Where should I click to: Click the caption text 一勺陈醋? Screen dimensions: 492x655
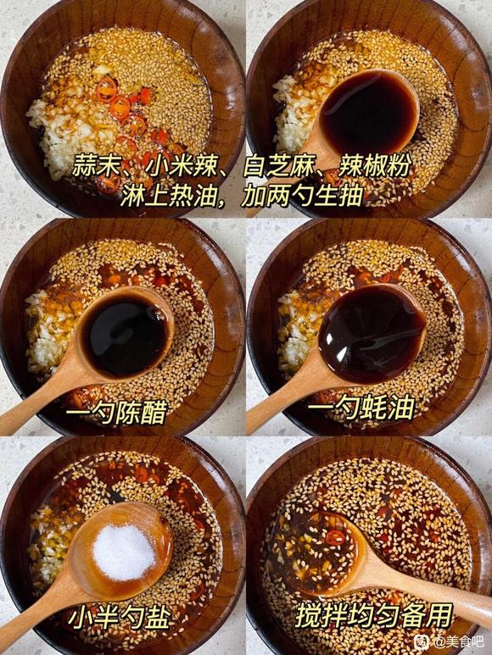[x=116, y=413]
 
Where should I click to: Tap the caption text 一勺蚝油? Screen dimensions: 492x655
[x=362, y=408]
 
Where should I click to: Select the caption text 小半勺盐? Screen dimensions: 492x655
[x=119, y=618]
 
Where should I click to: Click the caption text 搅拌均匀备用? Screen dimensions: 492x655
[x=375, y=615]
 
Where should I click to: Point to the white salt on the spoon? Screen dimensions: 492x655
[x=124, y=552]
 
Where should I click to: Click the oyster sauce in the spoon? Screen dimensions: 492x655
[x=371, y=333]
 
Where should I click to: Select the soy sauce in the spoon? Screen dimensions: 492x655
[x=369, y=113]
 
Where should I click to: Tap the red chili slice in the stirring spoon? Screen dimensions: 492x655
[x=335, y=537]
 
